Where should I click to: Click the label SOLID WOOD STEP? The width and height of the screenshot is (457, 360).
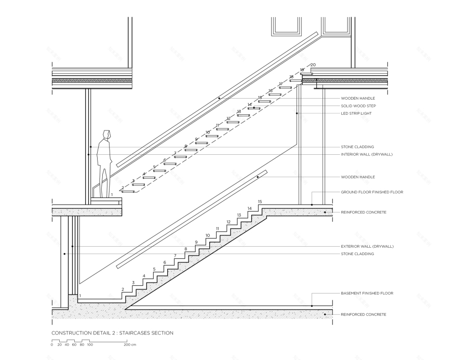tap(358, 106)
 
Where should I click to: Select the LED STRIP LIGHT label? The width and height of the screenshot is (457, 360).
tap(356, 113)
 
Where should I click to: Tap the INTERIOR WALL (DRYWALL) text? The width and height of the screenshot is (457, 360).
tap(367, 154)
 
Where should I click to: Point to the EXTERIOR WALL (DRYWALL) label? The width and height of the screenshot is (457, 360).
tap(367, 246)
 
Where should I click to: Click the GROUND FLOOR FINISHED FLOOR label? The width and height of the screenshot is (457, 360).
tap(371, 192)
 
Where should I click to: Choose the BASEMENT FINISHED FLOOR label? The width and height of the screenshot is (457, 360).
tap(367, 293)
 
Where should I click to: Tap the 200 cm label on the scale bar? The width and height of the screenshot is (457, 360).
tap(130, 344)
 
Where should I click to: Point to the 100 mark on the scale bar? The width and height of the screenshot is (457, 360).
tap(90, 344)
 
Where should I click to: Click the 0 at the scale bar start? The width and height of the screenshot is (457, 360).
tap(52, 344)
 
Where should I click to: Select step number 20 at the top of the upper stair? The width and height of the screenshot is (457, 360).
tap(313, 65)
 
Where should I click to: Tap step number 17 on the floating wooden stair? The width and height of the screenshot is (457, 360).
tap(281, 84)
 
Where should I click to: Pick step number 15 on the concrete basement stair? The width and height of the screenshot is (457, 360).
tap(260, 202)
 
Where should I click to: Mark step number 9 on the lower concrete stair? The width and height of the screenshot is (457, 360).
tap(196, 242)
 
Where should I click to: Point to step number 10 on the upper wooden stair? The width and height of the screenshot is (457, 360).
tap(208, 132)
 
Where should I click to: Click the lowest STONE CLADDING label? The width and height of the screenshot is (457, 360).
tap(357, 254)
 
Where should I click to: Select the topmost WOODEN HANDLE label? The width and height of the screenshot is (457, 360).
tap(358, 98)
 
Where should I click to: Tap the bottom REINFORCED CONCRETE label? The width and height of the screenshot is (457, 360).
tap(363, 314)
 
